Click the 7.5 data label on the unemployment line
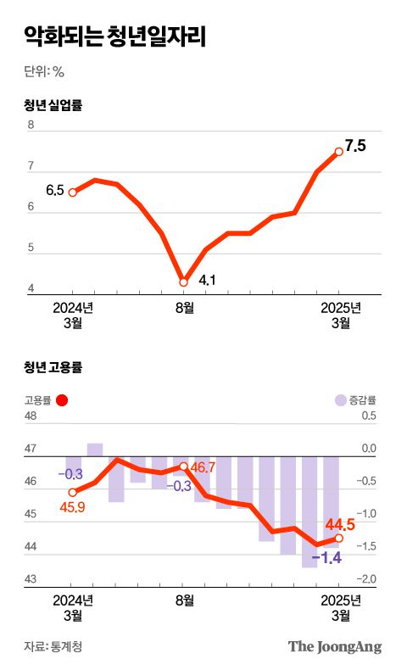coord(355,146)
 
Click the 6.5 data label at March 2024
coord(55,190)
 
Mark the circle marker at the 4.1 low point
coord(183,282)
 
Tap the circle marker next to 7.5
coord(339,152)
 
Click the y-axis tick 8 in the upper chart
coord(31,126)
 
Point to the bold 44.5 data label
coord(340,525)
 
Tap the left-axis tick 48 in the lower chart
coord(31,416)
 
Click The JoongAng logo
coord(335,646)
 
